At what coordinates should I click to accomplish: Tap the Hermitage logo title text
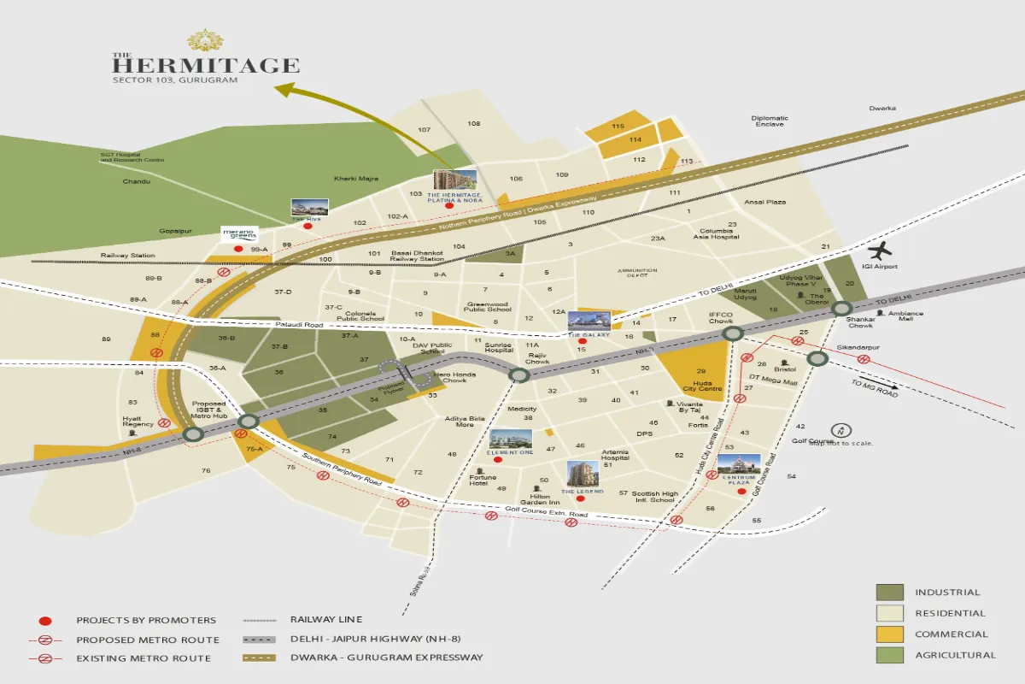(206, 64)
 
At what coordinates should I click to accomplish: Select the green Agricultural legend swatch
(889, 655)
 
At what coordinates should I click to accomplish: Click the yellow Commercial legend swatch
(889, 634)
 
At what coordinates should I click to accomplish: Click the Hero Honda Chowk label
(454, 377)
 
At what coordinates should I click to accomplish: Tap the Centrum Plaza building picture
(738, 464)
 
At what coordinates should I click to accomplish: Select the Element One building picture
(510, 439)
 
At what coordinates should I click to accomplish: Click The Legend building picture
(583, 472)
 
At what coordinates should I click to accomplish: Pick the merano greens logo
(238, 233)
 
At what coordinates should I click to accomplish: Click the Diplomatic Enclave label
(770, 121)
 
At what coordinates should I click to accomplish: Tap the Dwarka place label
(882, 109)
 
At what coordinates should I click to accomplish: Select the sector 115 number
(618, 126)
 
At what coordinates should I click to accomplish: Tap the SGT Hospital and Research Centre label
(132, 157)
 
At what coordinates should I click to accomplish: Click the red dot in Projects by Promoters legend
(45, 620)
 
